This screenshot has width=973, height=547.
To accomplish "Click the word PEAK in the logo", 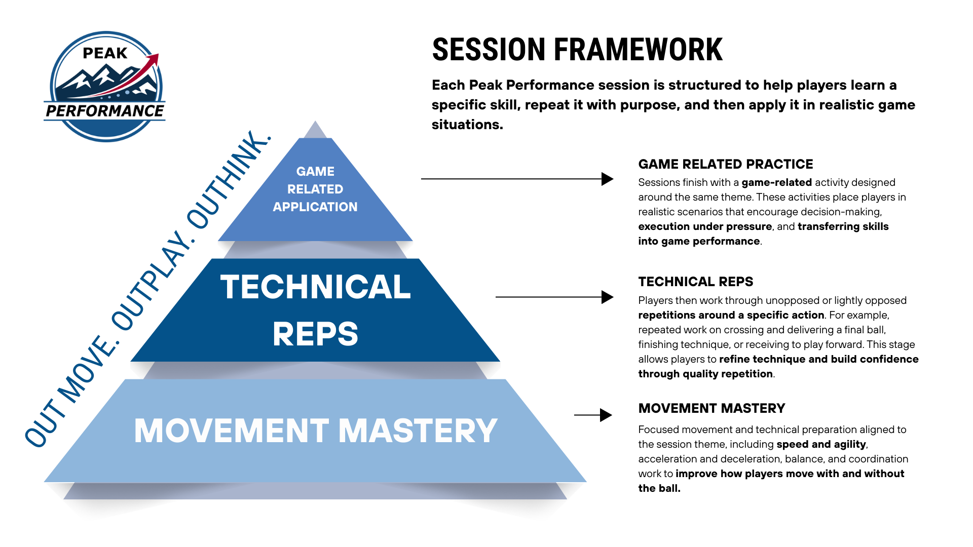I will coord(105,53).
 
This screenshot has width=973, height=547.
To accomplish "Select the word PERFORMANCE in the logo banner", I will coord(105,111).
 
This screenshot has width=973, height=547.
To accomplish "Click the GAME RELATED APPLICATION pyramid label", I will coord(315,189).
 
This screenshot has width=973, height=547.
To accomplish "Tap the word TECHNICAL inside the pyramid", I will coord(315,287).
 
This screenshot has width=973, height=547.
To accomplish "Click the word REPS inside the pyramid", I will coord(315,334).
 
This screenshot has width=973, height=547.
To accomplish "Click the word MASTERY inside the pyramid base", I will coord(418,431).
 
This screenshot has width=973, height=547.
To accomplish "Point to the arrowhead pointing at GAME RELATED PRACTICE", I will coord(607,179).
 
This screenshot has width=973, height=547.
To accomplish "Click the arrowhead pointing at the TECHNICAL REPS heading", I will coord(607,297).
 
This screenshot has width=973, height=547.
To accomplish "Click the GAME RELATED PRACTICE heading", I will coord(725,164).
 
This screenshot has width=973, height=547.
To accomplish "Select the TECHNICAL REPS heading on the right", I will coord(695,282).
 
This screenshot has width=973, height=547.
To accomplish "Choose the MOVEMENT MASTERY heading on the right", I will coord(712,408).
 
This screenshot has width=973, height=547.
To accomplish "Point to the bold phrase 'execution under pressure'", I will coord(704,226).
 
